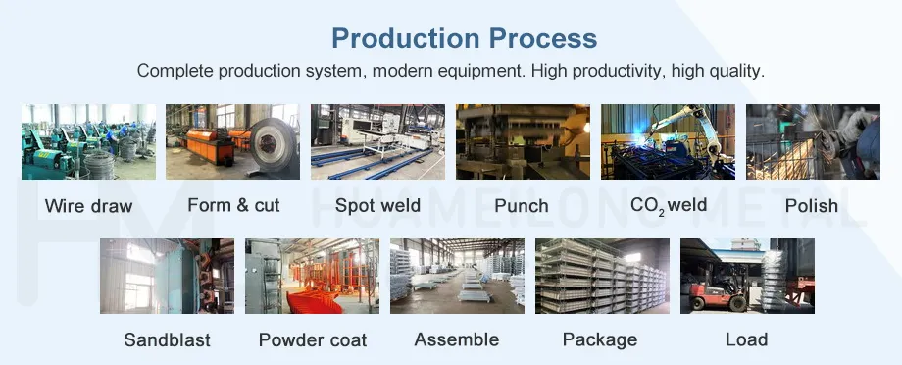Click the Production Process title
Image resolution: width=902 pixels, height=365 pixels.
[x=464, y=38]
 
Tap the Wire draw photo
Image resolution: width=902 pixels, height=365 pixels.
[x=88, y=141]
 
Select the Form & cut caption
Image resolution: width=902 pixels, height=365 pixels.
[x=233, y=205]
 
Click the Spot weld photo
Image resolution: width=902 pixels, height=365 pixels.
[x=377, y=141]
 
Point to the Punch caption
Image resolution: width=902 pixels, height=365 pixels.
[x=522, y=206]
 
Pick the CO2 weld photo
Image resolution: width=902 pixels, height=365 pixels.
[x=668, y=141]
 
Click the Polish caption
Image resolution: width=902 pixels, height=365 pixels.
[x=811, y=206]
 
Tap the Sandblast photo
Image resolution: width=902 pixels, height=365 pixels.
[x=167, y=276]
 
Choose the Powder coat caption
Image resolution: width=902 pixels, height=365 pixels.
[x=313, y=340]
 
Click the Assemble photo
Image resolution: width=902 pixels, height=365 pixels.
[x=457, y=276]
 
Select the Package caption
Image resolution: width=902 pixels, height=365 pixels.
[x=600, y=340]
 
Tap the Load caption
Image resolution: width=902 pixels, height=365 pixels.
[x=746, y=340]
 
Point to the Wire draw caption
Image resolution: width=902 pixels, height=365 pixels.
[x=88, y=206]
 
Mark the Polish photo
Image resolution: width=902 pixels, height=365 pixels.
[x=813, y=141]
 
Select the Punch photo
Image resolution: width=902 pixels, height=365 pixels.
[x=523, y=141]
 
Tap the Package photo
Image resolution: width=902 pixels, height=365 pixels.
[x=602, y=276]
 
